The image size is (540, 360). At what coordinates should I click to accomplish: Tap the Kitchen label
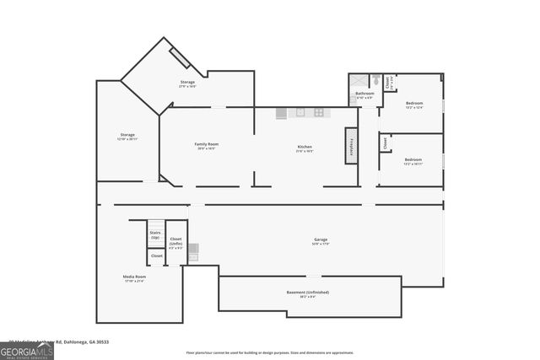tap(305, 148)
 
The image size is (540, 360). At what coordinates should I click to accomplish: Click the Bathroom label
tap(364, 94)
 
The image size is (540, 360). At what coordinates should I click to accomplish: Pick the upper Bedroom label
tap(413, 104)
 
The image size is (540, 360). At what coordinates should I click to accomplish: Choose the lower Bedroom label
tap(413, 160)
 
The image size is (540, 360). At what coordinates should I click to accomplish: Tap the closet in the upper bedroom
tap(389, 82)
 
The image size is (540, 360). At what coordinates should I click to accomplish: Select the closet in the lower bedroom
tap(386, 142)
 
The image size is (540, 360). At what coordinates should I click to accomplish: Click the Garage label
tap(321, 240)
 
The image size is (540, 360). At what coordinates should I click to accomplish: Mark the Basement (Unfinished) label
tap(308, 293)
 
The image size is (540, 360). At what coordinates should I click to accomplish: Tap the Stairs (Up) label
tap(155, 234)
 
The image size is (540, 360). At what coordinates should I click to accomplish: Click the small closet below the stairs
tap(157, 255)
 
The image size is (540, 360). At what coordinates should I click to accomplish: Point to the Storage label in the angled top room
tap(186, 83)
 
